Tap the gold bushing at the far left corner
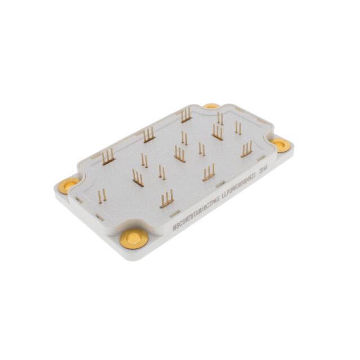coord(69,183)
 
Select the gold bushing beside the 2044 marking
coord(281,145)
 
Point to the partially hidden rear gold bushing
coord(211,105)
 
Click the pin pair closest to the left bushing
coord(102,196)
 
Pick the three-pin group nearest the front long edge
coord(166,199)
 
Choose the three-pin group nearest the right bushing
coord(246,148)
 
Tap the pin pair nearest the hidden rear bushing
coord(220,119)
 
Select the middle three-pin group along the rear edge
coord(148,135)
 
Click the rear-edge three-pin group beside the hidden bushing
coord(186,115)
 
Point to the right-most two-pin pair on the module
coord(238,129)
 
